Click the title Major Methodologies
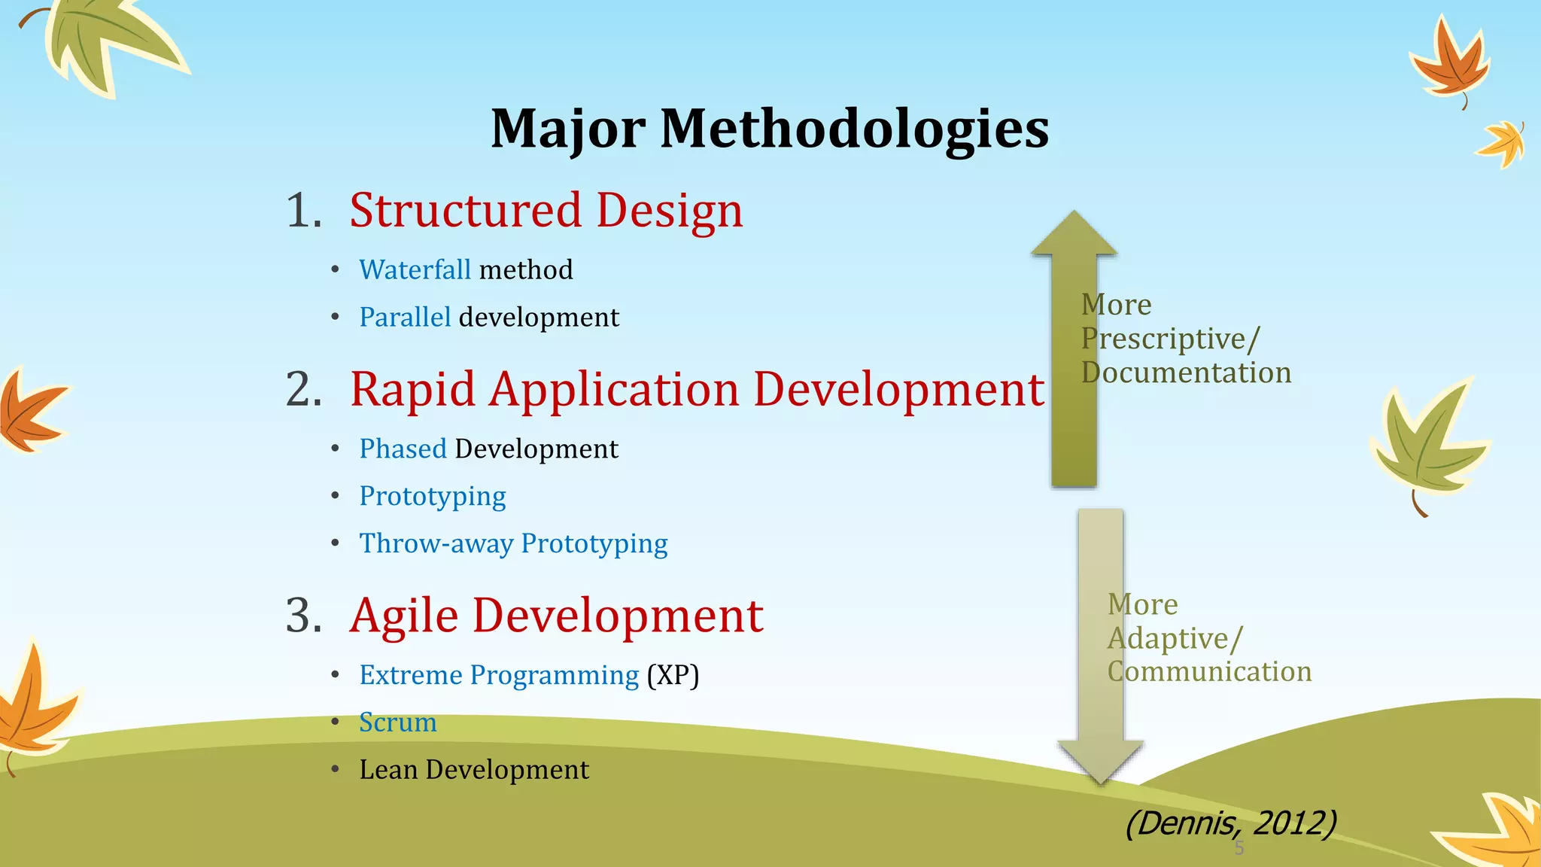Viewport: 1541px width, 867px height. click(769, 128)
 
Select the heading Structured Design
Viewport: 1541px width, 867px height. click(546, 210)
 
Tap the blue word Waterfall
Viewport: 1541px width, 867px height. click(415, 269)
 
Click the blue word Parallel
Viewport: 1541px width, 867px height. click(405, 317)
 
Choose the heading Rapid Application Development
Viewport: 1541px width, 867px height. click(697, 390)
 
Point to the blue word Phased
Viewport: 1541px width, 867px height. click(403, 449)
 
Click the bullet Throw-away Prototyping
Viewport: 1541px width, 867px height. click(513, 543)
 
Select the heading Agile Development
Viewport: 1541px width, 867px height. click(556, 616)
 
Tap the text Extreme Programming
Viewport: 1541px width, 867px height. click(499, 675)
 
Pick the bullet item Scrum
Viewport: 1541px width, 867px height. click(397, 722)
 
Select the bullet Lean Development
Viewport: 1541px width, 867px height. click(474, 770)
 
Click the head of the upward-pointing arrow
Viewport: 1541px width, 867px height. click(1074, 235)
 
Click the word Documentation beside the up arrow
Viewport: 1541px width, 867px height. click(1186, 373)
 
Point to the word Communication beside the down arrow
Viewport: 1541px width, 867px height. click(1209, 671)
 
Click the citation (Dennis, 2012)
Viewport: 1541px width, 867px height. click(1230, 823)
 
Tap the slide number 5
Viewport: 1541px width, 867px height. click(1239, 849)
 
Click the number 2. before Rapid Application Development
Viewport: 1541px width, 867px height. click(303, 390)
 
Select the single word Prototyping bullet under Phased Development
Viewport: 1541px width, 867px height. click(432, 496)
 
